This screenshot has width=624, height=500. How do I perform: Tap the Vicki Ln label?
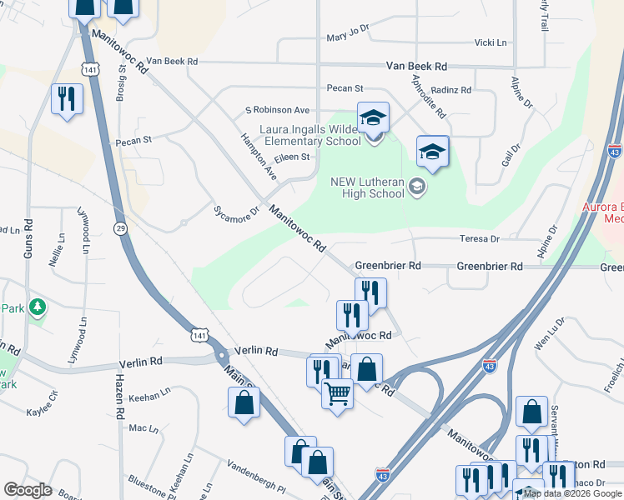(490, 42)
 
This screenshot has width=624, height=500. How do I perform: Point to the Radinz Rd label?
(453, 90)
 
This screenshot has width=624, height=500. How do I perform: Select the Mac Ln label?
(143, 428)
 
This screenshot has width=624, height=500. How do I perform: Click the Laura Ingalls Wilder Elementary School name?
(310, 135)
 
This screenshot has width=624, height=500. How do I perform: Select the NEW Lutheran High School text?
(367, 188)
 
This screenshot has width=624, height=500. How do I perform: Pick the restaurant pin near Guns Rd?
(64, 99)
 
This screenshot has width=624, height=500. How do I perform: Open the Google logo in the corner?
(28, 490)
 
